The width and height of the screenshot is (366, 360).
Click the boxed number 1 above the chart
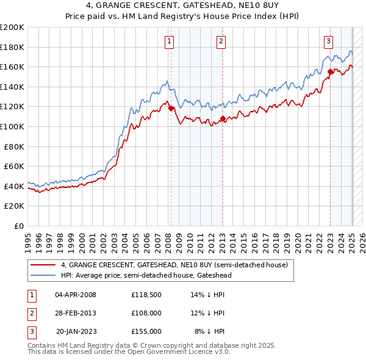[169, 41]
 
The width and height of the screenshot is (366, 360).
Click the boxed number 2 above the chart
[221, 41]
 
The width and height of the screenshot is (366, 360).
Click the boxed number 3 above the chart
[328, 41]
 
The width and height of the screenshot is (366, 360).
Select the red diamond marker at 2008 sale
[171, 109]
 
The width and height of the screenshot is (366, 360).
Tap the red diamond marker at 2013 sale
[223, 118]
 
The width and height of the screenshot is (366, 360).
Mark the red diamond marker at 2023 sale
[330, 72]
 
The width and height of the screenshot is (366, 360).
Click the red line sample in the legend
[43, 265]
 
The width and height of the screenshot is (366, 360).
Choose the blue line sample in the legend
[43, 275]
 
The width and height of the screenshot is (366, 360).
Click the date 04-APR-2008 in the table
[76, 295]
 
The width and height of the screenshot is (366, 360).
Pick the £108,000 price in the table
[146, 313]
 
